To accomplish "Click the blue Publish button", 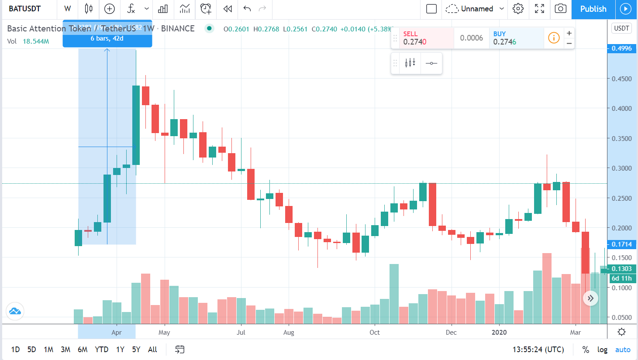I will [593, 9].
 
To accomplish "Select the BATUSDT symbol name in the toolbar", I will [25, 9].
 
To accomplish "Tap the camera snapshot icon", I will [560, 9].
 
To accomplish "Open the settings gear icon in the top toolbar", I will [518, 9].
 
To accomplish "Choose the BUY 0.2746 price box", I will [515, 38].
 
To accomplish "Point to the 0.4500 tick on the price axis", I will [621, 79].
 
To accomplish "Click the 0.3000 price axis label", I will [621, 168].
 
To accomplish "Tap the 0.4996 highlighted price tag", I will [621, 48].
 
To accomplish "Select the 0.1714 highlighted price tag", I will [621, 244].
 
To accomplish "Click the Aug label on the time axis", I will [289, 333].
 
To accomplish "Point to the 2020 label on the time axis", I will [499, 333].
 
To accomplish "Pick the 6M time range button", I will [83, 350].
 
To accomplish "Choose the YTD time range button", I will [101, 350].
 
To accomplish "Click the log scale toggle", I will [602, 350].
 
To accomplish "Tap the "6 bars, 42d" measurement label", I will [107, 38].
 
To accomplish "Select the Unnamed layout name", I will [477, 9].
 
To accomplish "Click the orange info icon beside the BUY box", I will [554, 38].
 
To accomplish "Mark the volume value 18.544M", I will [36, 41].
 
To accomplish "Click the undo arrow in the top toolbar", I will [247, 9].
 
